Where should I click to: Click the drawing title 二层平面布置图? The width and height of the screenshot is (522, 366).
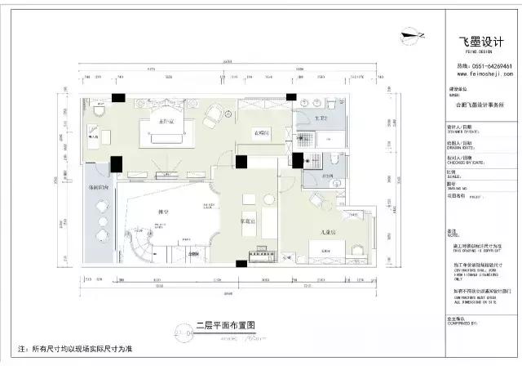[x=226, y=324]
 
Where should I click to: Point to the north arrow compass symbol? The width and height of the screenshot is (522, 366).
[x=414, y=35]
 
